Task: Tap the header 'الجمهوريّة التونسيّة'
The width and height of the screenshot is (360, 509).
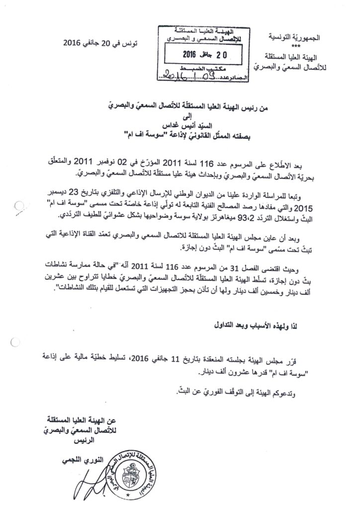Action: [x=290, y=37]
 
